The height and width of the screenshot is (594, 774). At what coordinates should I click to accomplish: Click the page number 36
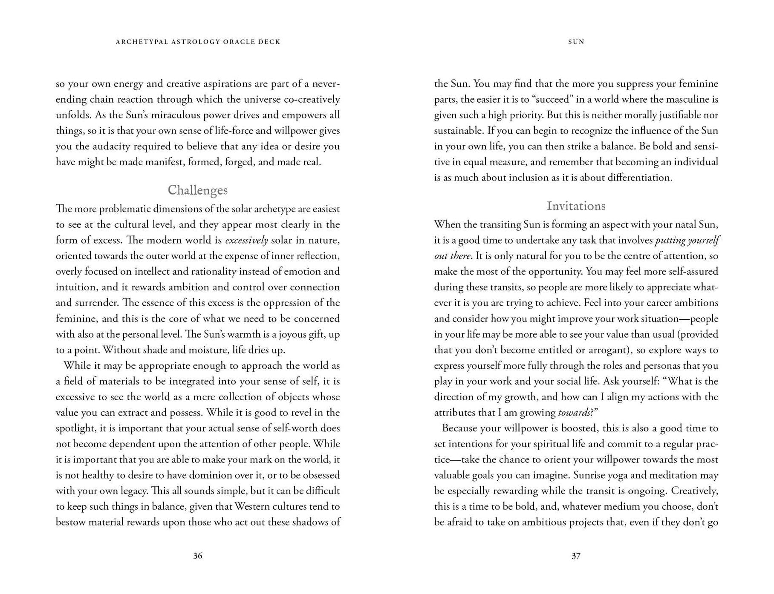[197, 556]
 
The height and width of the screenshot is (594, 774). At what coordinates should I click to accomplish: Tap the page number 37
[576, 556]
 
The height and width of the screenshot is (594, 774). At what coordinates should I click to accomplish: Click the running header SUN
[576, 42]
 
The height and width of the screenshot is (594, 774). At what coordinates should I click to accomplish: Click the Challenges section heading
[197, 190]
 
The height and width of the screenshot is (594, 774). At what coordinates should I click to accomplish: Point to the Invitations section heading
[576, 206]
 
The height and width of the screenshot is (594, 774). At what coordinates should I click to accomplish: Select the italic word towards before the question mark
[573, 413]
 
